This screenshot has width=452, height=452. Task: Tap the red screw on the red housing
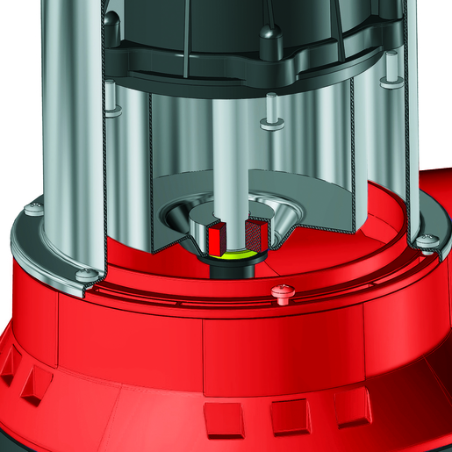[283, 291]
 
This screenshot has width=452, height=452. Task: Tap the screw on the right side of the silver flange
[427, 243]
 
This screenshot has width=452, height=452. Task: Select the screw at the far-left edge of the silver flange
[32, 209]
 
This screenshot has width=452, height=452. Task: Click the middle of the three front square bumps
[289, 419]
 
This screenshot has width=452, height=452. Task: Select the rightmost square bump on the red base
[352, 406]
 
